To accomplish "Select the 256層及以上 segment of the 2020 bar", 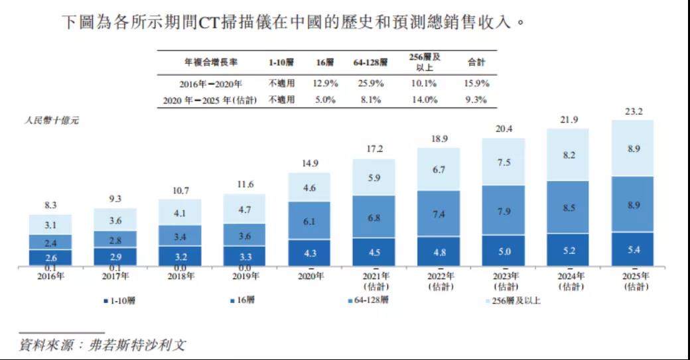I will pos(309,188).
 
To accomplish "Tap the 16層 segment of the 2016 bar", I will pos(50,258).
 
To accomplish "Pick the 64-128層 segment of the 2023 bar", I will pos(503,211).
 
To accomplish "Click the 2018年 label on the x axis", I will pos(179,276).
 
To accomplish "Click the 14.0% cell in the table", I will pos(425,100).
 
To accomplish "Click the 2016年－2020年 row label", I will pos(210,84).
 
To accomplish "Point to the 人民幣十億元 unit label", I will pos(51,121).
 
